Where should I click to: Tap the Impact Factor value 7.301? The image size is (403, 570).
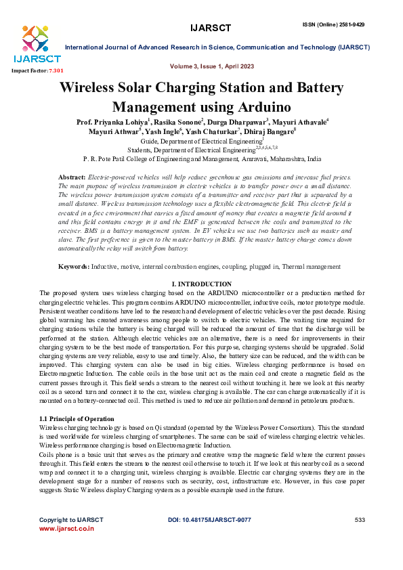point(56,70)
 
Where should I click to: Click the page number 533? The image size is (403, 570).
point(360,519)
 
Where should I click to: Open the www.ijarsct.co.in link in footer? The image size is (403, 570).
point(66,528)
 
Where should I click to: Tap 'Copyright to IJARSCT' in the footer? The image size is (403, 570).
point(71,519)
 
